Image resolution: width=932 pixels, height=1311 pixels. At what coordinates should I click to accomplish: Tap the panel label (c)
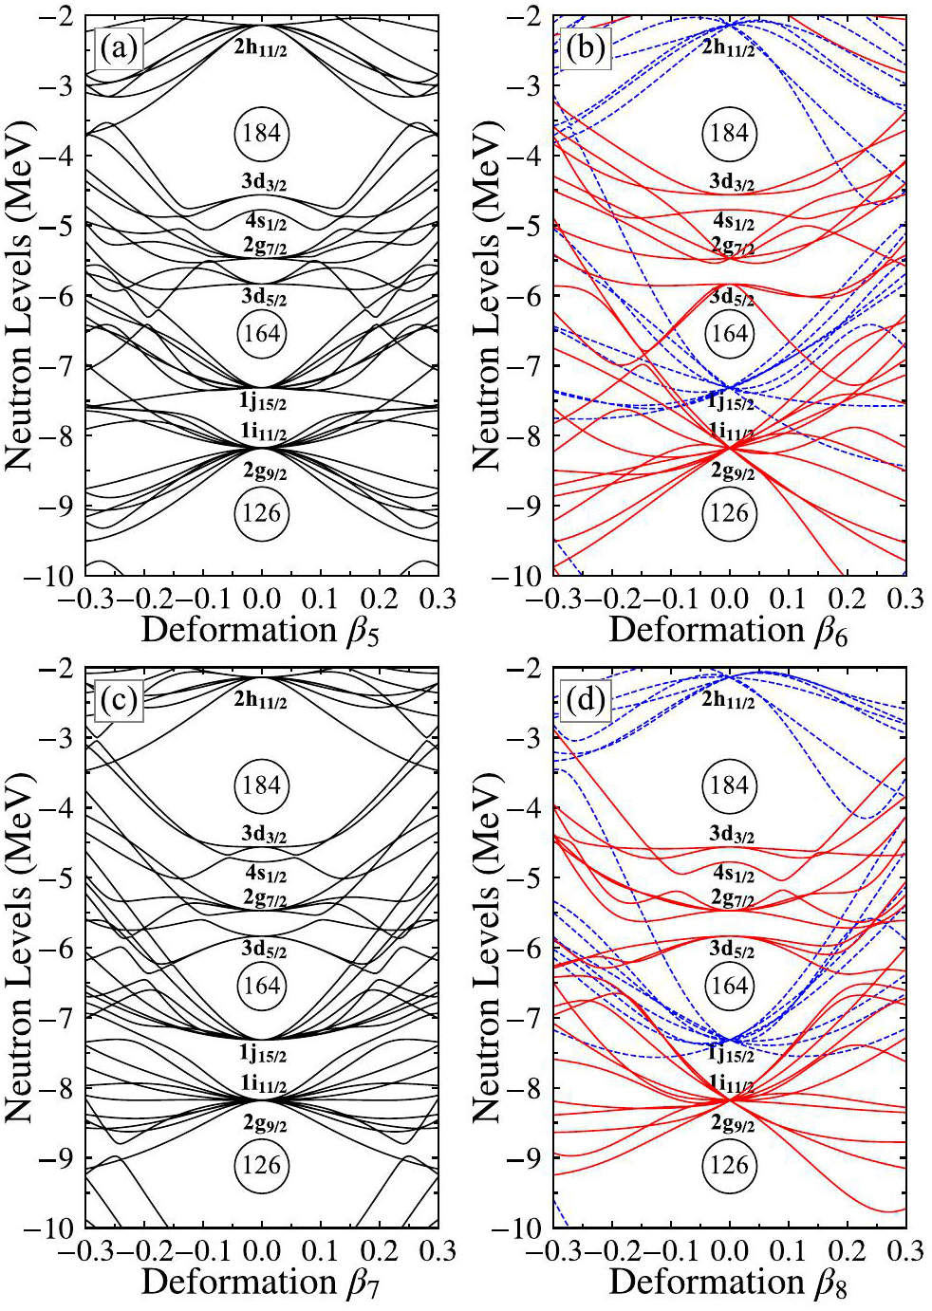coord(120,701)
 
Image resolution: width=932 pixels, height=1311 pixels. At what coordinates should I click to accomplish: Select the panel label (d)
coord(585,701)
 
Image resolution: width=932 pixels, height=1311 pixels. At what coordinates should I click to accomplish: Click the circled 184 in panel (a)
coord(261,133)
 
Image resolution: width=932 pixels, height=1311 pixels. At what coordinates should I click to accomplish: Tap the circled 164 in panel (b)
coord(729,333)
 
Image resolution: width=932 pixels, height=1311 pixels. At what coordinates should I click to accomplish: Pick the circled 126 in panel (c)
coord(261,1165)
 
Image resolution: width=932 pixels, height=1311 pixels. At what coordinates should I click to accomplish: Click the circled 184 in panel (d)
coord(729,785)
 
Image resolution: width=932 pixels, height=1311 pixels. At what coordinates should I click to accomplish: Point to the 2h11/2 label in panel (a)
coord(261,46)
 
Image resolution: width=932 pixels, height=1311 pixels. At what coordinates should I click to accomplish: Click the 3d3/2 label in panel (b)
coord(731,182)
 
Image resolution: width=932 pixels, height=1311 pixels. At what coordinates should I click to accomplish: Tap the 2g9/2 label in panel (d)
coord(732,1124)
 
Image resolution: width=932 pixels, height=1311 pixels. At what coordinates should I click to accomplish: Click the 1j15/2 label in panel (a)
coord(263,402)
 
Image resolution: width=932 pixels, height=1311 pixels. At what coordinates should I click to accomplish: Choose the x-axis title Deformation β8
coord(728,1282)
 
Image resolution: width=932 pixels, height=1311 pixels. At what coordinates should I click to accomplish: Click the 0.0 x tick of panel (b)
coord(729,600)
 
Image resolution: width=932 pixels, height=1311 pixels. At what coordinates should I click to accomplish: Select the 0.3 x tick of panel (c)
coord(437,1252)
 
